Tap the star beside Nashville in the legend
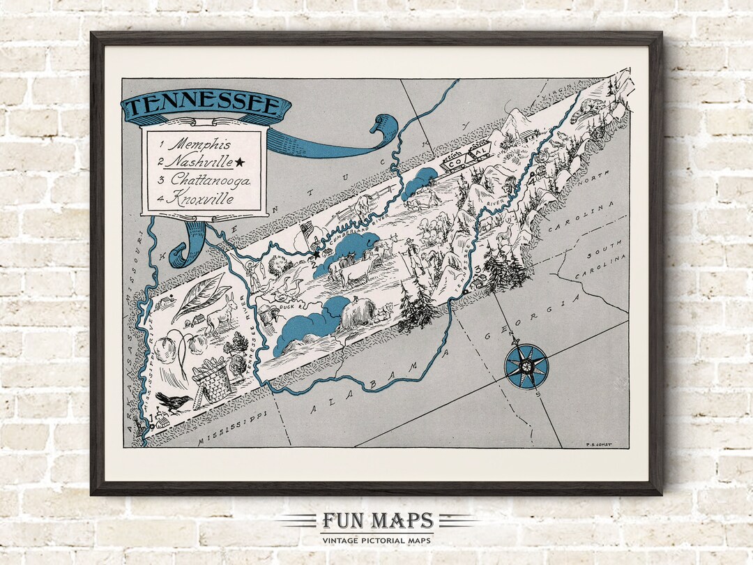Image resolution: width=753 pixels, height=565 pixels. pos(240,163)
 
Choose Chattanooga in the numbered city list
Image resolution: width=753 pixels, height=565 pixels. pos(209,180)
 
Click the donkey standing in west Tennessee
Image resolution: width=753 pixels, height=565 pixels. pos(223,317)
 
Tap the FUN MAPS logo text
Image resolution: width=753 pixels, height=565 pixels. pos(377,521)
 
